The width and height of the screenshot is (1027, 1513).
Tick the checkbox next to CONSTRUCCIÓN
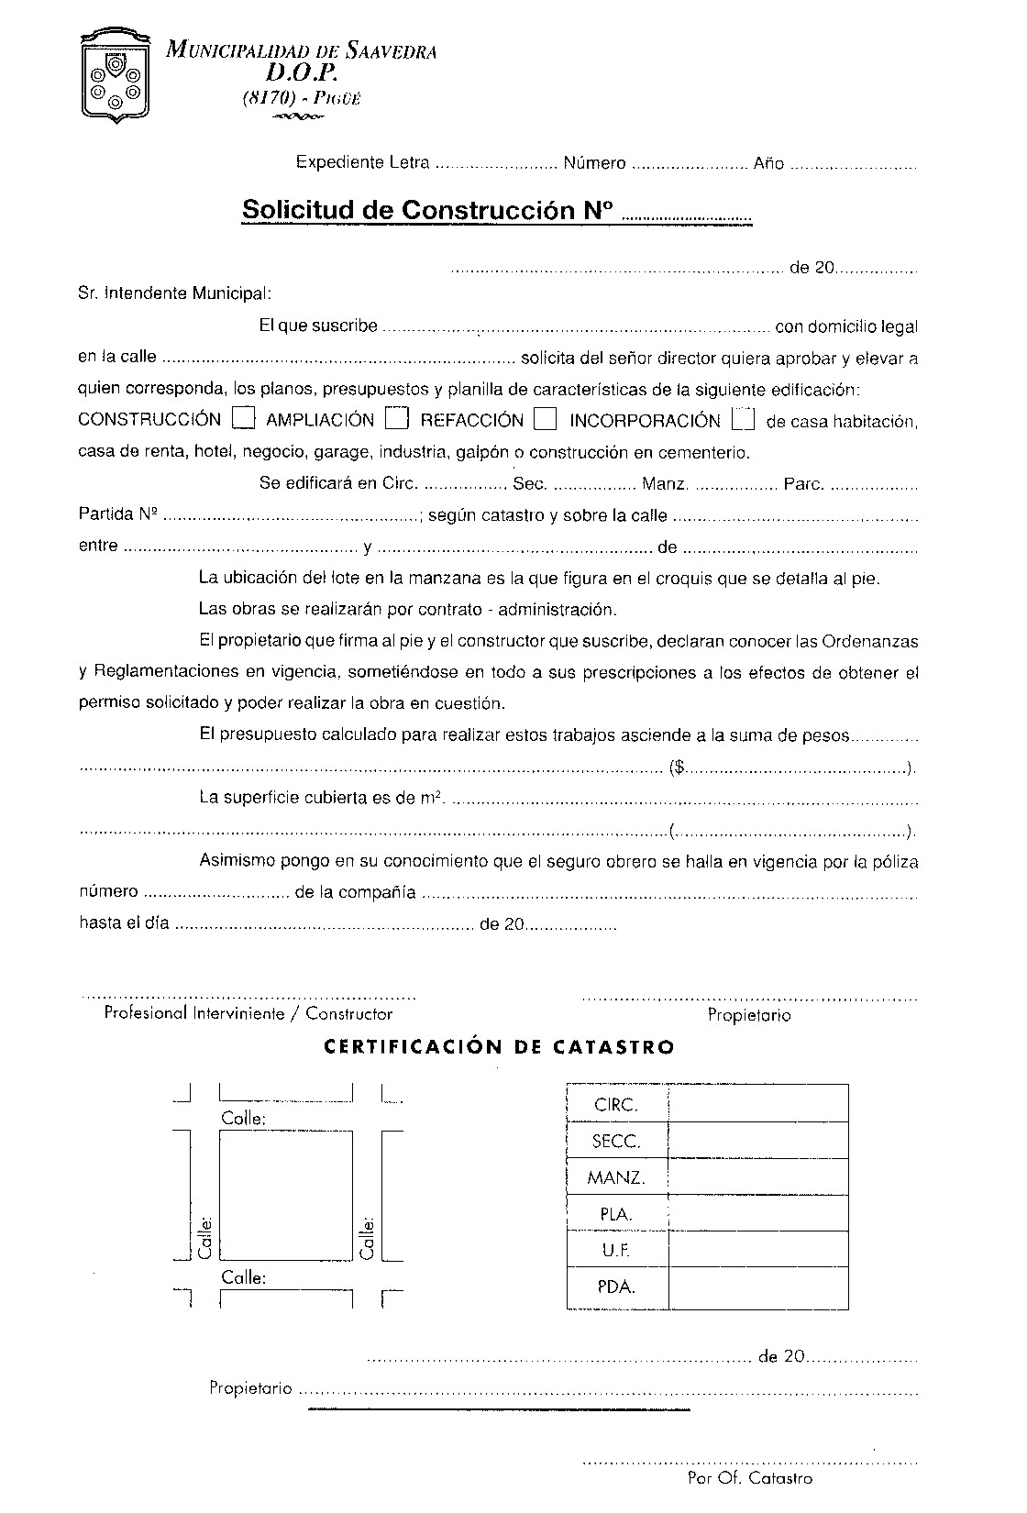[x=243, y=418]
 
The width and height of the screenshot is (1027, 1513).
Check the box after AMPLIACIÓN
[x=396, y=418]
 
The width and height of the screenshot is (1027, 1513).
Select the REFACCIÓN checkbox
[x=546, y=418]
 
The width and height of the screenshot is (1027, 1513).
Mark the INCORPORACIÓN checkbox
[x=744, y=418]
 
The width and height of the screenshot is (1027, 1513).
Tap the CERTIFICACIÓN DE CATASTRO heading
[x=500, y=1046]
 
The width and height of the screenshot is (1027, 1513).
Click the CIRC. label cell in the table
[x=616, y=1105]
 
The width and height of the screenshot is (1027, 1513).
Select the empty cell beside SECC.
[x=757, y=1141]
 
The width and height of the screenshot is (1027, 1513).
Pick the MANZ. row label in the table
[x=616, y=1176]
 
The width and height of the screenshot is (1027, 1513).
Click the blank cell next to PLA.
[x=757, y=1213]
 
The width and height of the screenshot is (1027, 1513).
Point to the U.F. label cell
[x=616, y=1250]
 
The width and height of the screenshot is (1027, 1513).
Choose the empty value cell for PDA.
[x=757, y=1287]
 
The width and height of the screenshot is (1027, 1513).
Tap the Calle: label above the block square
[x=243, y=1119]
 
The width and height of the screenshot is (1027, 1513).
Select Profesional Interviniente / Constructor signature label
[x=248, y=1013]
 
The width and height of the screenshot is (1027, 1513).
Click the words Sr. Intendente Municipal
[x=174, y=293]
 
